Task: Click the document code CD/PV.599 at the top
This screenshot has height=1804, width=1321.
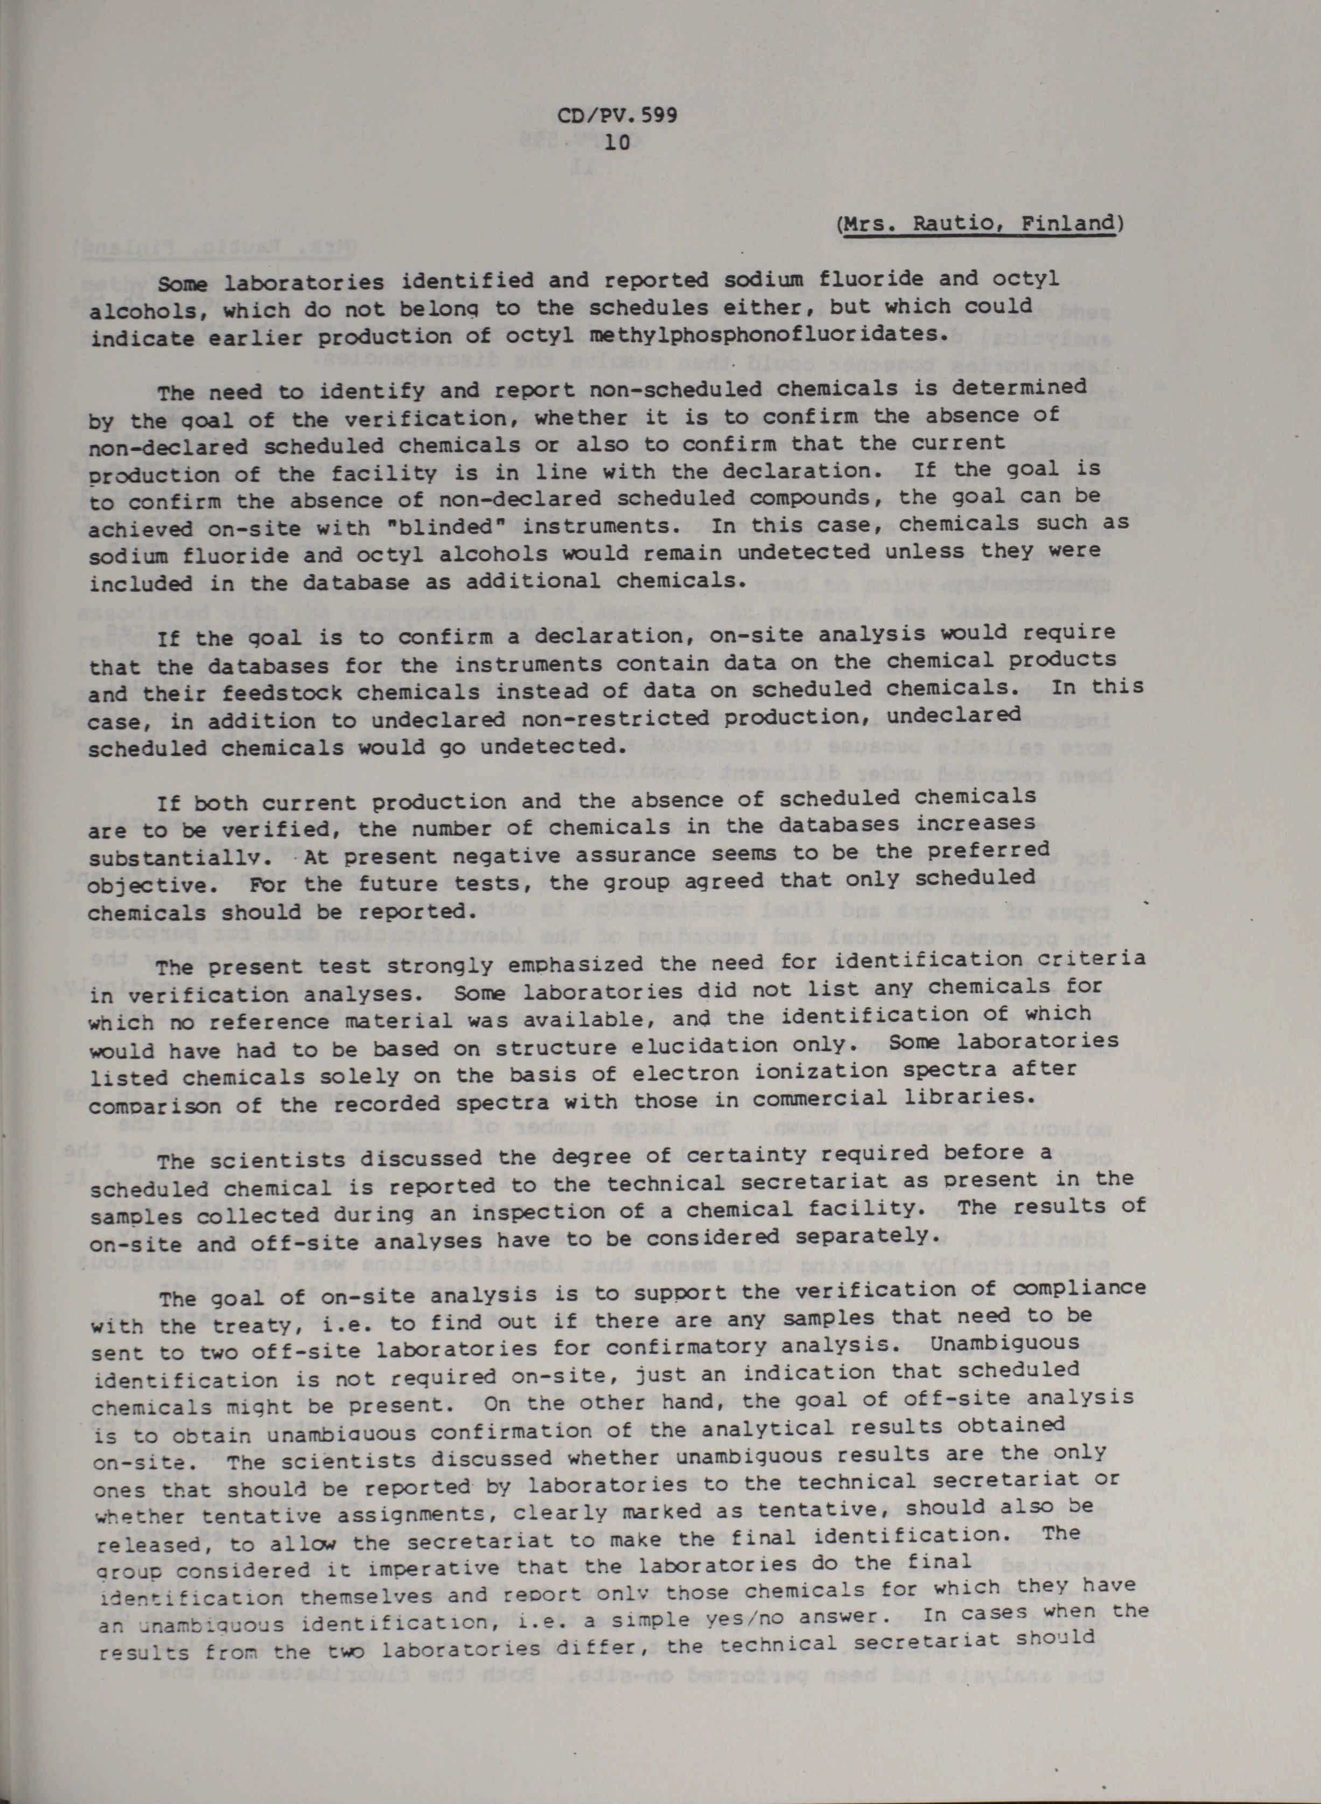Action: (617, 114)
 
